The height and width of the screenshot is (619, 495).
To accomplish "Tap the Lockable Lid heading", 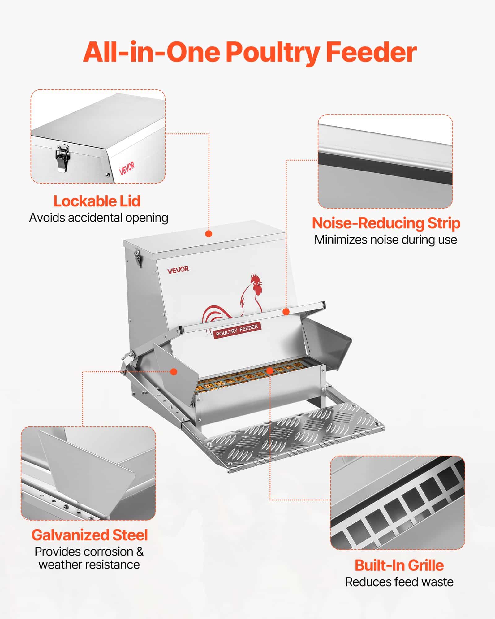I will (97, 201).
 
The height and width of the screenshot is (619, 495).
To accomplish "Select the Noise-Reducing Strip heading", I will (386, 223).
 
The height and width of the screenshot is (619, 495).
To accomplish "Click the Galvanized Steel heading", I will (90, 535).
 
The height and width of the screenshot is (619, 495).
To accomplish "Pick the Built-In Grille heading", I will (399, 565).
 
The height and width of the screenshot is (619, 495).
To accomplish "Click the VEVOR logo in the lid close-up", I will (127, 168).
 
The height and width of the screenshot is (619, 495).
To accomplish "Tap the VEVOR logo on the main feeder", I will (178, 270).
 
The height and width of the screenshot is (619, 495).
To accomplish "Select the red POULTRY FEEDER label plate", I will (237, 330).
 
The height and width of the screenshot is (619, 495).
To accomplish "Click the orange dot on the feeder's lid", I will (209, 234).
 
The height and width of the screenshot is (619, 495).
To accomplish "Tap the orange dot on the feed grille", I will (270, 370).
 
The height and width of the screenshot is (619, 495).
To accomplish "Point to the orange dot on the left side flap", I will (174, 372).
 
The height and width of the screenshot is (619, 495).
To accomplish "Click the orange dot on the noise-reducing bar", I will (286, 312).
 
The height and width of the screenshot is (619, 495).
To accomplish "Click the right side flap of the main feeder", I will (328, 344).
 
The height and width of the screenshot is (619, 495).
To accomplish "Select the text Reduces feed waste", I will (399, 582).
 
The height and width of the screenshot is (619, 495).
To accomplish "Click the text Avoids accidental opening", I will (98, 218).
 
